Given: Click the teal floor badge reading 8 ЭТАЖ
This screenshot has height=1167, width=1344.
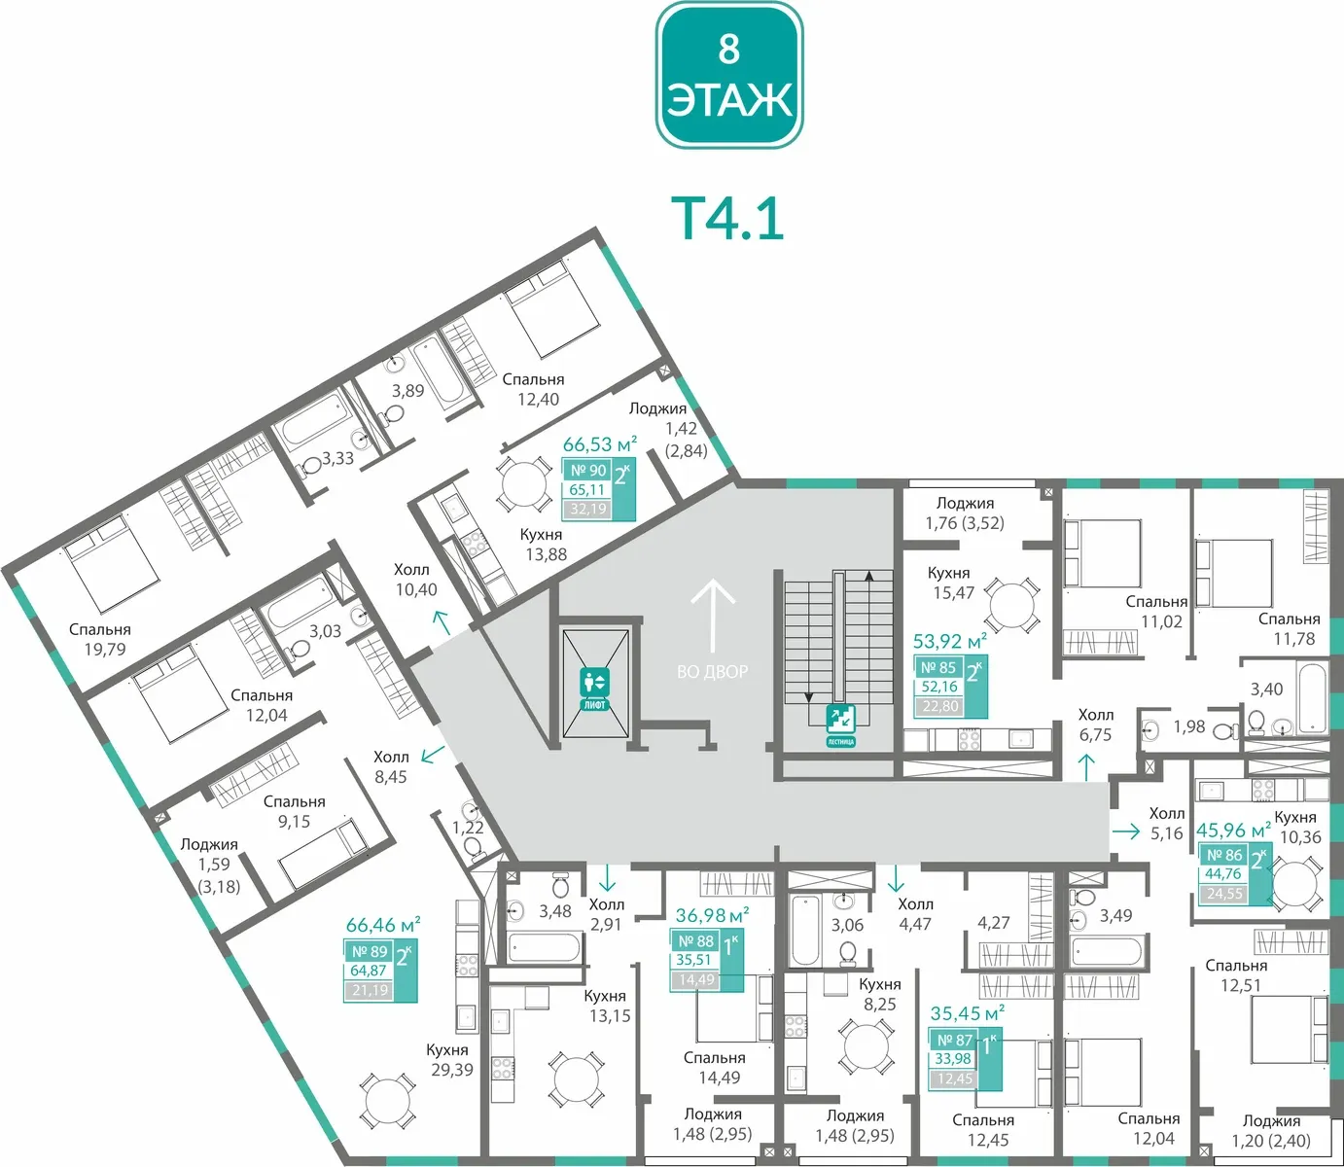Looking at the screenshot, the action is coord(729,75).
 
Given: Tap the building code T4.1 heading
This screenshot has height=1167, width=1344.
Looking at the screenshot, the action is coord(727,220).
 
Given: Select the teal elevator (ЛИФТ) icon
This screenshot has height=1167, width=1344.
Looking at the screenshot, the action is coord(594,689).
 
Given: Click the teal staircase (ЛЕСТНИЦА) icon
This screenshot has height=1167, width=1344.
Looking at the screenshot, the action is coord(840,725).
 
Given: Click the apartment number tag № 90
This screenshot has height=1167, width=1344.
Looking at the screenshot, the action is coord(588,471).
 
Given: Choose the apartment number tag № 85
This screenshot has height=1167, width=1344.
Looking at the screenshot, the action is coord(938,667).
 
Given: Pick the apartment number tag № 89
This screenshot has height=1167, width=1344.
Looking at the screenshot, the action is coord(370,951).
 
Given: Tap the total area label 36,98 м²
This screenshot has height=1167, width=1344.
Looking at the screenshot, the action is coord(713,914).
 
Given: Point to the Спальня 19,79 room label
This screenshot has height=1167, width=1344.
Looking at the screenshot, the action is coord(100,639).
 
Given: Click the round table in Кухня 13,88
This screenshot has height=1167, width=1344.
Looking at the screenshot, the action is coord(523,485).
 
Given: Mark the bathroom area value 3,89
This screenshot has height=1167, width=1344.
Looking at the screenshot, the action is coord(407,391).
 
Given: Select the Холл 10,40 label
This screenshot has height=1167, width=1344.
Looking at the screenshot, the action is coord(415,580).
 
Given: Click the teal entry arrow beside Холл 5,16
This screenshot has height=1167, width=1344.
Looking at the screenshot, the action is coord(1125,831).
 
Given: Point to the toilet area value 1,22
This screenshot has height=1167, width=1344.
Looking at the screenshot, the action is coord(467,828).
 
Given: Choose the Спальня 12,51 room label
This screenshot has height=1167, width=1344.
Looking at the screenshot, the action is coord(1236,975).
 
